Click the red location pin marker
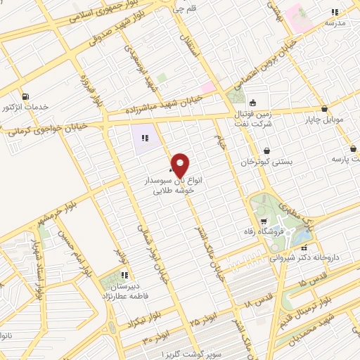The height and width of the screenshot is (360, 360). coord(181,166)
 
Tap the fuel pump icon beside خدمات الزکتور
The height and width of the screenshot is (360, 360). coord(26,96)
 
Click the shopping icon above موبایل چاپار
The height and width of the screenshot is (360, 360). coord(323,108)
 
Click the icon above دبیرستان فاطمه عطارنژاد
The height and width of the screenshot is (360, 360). coord(124,275)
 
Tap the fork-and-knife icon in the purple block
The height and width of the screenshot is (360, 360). coord(145,138)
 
